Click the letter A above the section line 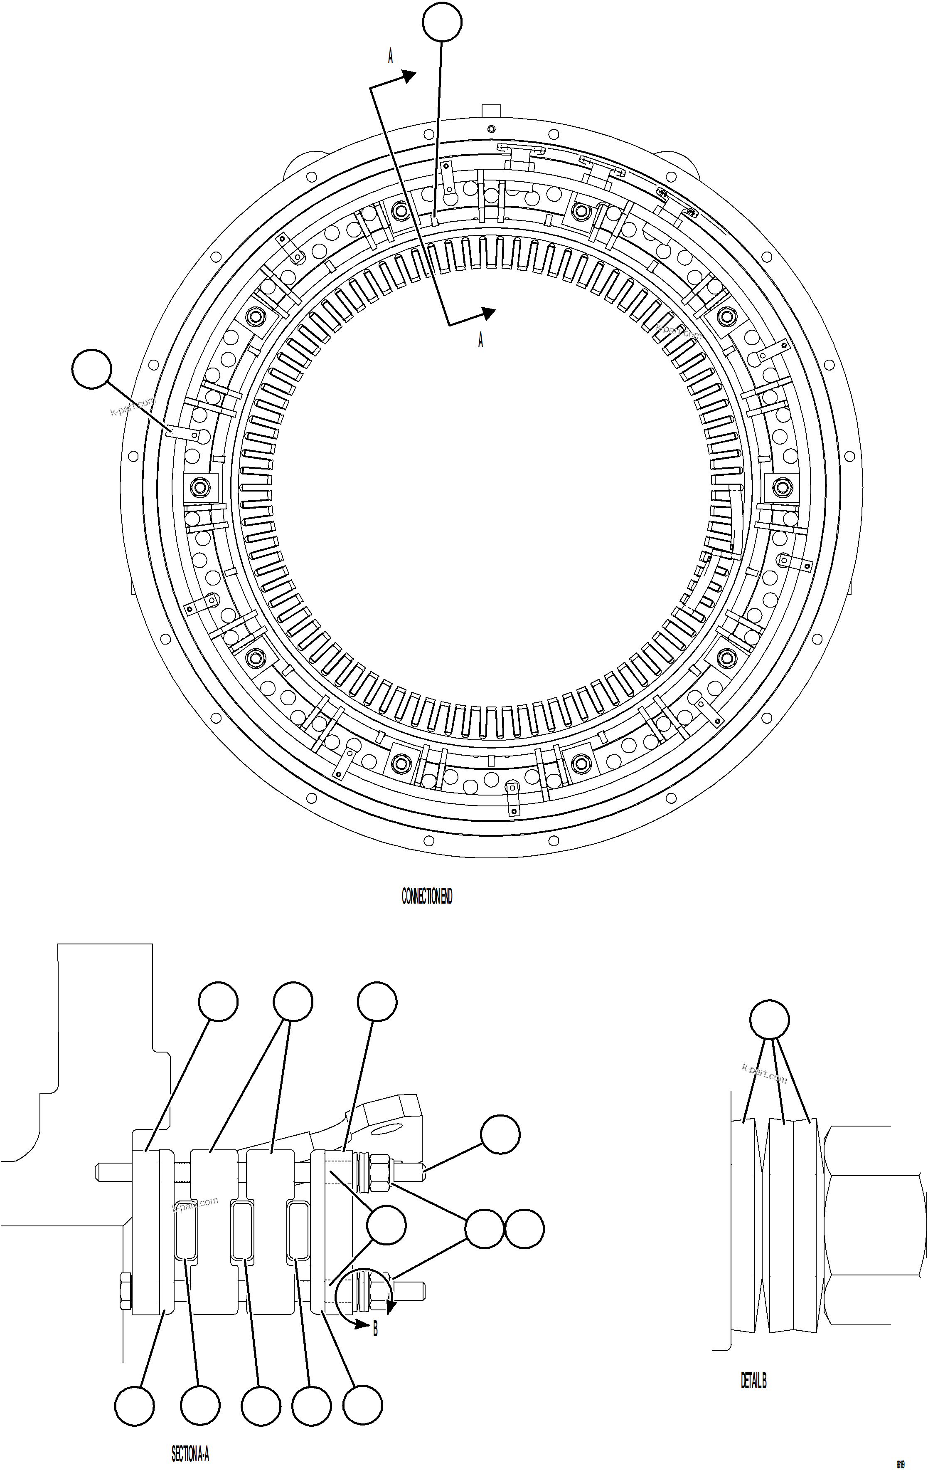coord(391,57)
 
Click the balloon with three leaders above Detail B coord(769,1020)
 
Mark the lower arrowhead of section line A coord(488,313)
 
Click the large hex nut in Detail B coord(872,1225)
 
